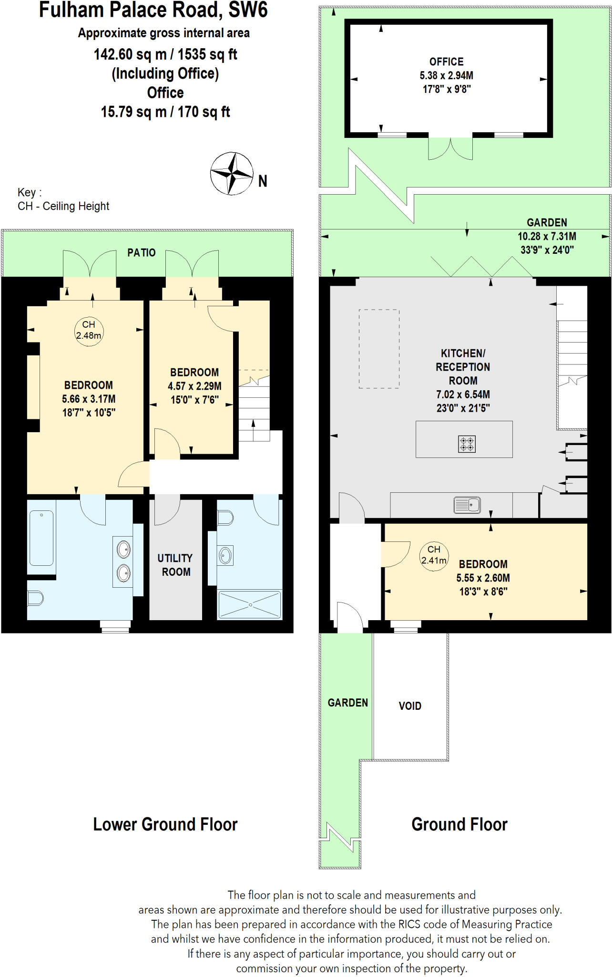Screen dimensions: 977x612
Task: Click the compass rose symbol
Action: click(232, 174)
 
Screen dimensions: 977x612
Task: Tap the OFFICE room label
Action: click(446, 62)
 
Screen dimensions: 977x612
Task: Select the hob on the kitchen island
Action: click(467, 444)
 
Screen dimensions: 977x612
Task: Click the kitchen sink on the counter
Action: click(467, 505)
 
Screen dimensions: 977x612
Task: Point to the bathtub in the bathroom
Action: click(41, 538)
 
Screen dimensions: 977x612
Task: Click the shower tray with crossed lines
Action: click(250, 604)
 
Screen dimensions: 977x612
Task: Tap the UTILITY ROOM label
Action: click(175, 565)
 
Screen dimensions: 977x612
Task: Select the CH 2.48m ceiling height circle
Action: click(89, 330)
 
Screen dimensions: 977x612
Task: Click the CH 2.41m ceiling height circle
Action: click(434, 555)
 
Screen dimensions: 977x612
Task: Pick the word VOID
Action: click(410, 706)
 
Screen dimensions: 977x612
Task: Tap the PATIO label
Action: click(141, 253)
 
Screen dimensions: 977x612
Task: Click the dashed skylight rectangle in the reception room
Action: click(379, 349)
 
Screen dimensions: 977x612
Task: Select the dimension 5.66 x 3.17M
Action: click(89, 399)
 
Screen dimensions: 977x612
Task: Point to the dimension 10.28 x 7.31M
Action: click(547, 236)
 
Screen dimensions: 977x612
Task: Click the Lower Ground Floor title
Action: click(165, 824)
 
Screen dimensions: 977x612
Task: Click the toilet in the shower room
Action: click(225, 518)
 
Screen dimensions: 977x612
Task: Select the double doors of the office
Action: click(450, 148)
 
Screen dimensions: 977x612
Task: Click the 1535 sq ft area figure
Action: click(207, 54)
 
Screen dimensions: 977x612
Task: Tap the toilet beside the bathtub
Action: click(36, 598)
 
